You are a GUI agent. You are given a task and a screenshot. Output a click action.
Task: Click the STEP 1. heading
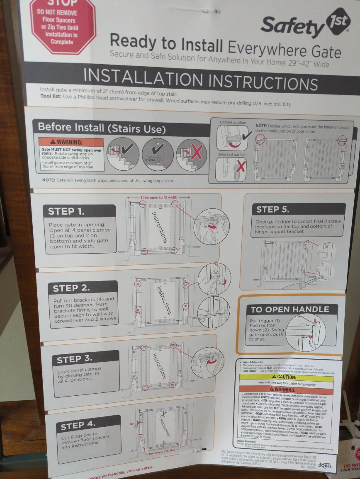pyautogui.click(x=67, y=211)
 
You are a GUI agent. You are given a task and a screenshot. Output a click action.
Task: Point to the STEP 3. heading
pyautogui.click(x=75, y=359)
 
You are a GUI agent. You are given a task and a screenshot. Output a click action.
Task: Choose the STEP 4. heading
pyautogui.click(x=78, y=426)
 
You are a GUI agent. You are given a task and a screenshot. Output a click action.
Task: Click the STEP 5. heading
pyautogui.click(x=273, y=209)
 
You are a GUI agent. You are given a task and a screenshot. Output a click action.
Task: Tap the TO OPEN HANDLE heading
pyautogui.click(x=289, y=309)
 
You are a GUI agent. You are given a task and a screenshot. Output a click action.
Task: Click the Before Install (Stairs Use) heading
pyautogui.click(x=102, y=128)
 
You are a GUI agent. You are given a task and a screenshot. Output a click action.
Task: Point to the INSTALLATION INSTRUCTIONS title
pyautogui.click(x=200, y=78)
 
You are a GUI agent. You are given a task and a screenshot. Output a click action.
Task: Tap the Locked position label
pyautogui.click(x=233, y=123)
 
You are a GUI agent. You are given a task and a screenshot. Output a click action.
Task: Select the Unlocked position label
pyautogui.click(x=234, y=155)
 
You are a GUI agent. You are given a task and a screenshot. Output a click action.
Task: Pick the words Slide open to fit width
pyautogui.click(x=159, y=198)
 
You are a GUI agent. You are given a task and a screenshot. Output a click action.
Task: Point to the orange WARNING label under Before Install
pyautogui.click(x=71, y=142)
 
